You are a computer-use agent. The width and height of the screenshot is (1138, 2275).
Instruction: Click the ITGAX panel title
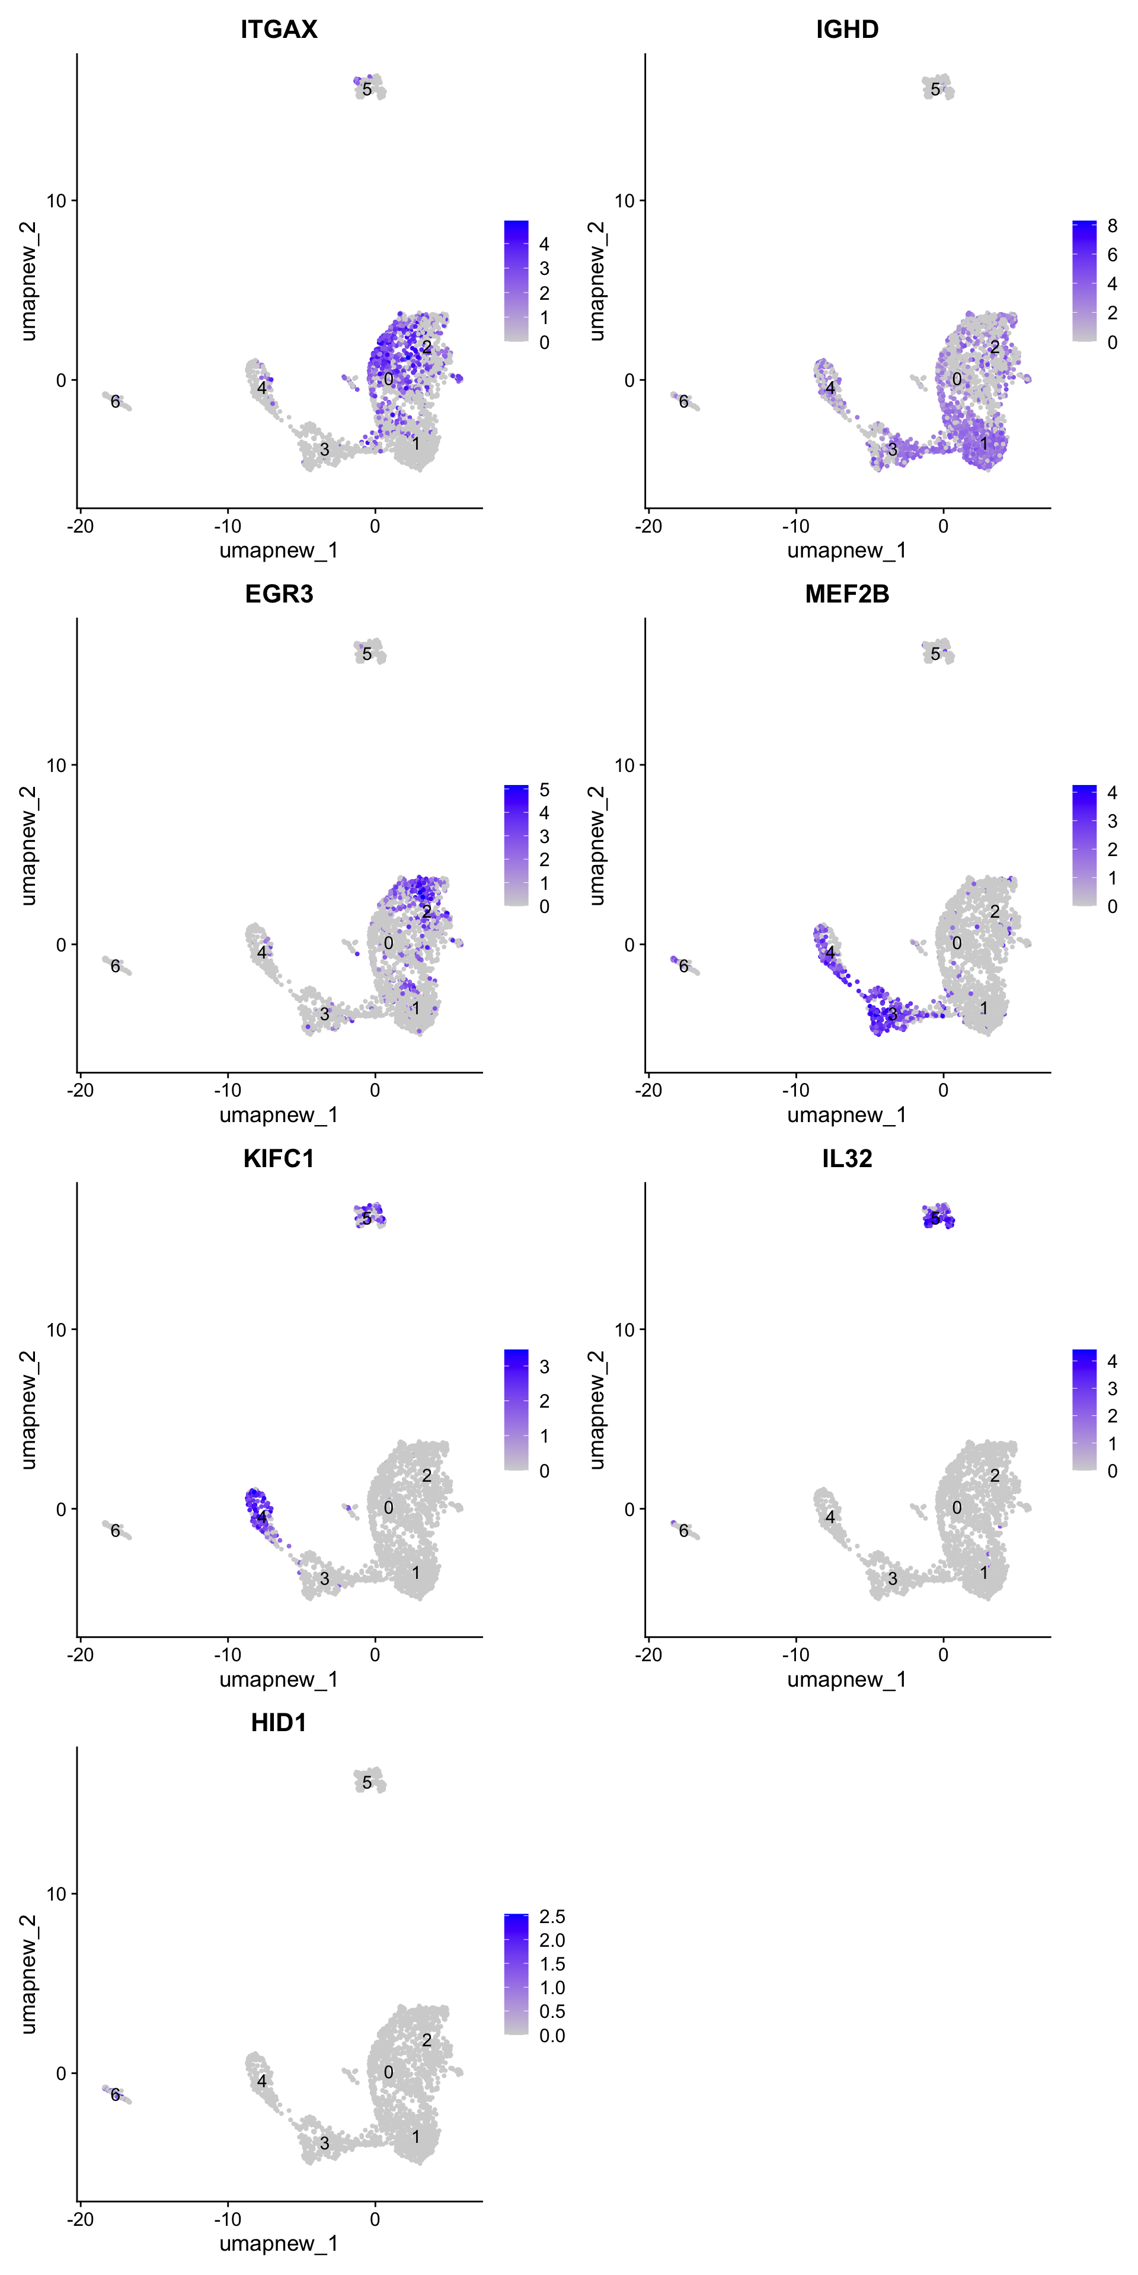click(x=279, y=29)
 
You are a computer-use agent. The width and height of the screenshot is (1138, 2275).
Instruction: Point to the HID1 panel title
click(x=279, y=1722)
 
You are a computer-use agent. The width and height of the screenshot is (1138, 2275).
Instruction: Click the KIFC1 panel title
click(x=279, y=1158)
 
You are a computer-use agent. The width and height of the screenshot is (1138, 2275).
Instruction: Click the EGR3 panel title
click(x=279, y=594)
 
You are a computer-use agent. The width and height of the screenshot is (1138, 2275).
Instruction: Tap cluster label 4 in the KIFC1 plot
click(x=261, y=1517)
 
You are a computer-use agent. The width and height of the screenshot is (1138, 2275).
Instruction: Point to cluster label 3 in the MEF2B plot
click(x=893, y=1014)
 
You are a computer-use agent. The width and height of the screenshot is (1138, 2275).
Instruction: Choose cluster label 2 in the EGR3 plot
click(x=427, y=911)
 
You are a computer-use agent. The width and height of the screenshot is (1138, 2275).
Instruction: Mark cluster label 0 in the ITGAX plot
click(x=389, y=379)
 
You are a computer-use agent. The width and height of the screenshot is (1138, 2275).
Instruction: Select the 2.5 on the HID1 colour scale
click(x=552, y=1917)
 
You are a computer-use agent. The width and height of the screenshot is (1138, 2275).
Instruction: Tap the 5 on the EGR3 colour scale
click(x=544, y=790)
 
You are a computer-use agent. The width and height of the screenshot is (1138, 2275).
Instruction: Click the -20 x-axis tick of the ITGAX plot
click(x=81, y=526)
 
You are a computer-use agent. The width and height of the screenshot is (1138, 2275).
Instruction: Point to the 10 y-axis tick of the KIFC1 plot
click(x=56, y=1329)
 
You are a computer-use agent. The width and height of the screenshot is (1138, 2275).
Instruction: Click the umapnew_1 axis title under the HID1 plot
click(x=279, y=2243)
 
